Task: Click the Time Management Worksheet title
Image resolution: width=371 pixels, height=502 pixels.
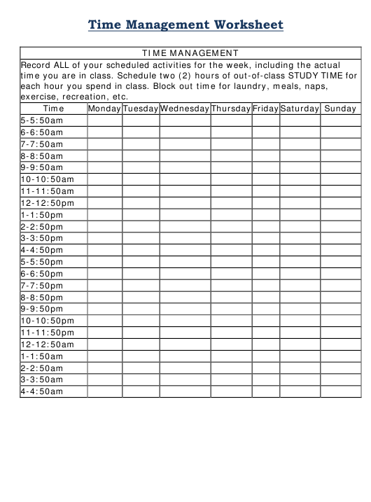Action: point(185,25)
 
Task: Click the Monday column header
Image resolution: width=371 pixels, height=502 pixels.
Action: point(104,109)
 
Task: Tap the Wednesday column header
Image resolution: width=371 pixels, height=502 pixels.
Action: point(185,109)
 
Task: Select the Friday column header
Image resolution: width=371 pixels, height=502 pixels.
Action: point(266,109)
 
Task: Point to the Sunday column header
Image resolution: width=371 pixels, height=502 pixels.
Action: point(341,109)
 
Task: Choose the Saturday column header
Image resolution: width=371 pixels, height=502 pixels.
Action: point(300,109)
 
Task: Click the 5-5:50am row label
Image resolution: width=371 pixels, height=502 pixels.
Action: point(42,120)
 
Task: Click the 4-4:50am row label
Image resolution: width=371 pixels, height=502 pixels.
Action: point(42,391)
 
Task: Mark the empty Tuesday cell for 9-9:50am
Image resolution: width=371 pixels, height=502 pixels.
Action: point(141,167)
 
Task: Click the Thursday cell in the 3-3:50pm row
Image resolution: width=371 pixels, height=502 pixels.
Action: point(231,238)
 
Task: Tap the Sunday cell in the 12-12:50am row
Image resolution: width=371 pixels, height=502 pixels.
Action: point(341,344)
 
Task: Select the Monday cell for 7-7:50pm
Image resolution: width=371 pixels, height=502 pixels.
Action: point(104,286)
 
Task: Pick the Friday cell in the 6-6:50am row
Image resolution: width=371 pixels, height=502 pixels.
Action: point(266,132)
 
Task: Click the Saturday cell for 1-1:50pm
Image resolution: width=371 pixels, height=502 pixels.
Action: point(300,215)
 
